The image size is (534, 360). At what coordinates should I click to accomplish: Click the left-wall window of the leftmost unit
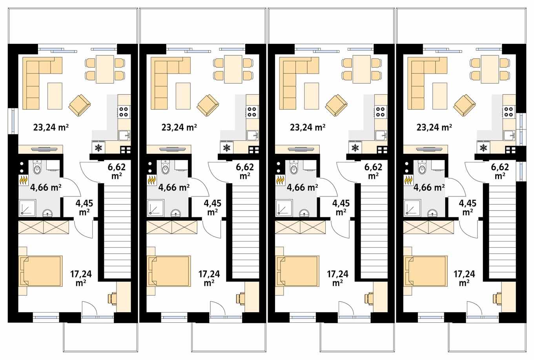(x=13, y=122)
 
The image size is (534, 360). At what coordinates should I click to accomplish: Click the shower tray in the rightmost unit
(x=411, y=207)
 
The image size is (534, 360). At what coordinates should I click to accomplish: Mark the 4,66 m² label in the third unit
(x=302, y=187)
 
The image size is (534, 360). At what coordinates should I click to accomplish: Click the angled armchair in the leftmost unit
(x=80, y=105)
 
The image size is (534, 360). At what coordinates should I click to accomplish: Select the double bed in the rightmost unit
(x=426, y=271)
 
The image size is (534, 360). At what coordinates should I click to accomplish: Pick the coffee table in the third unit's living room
(x=312, y=96)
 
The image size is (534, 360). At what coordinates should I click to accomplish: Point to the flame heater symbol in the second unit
(x=151, y=180)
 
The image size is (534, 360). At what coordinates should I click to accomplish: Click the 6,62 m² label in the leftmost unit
(x=116, y=171)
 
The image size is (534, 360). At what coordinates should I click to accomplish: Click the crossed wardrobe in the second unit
(x=171, y=227)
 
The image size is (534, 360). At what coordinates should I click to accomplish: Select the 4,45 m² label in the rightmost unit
(x=467, y=207)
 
